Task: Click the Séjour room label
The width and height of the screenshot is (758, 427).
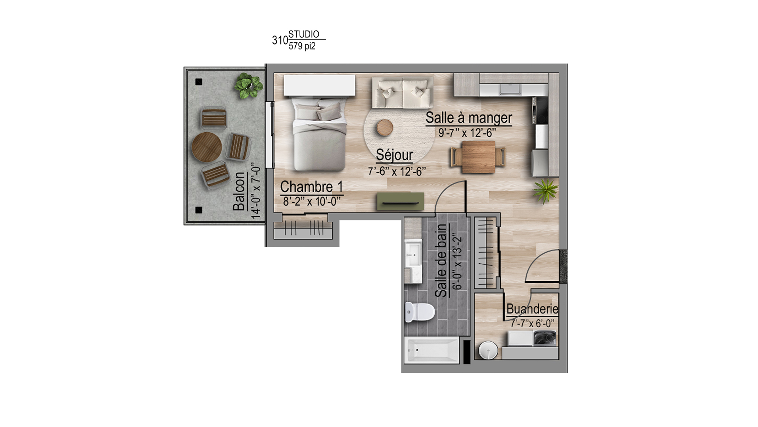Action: click(x=394, y=155)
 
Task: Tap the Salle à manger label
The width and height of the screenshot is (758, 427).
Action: click(x=469, y=118)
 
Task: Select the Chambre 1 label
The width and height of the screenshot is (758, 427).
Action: click(x=311, y=187)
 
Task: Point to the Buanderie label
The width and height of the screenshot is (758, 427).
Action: click(x=532, y=309)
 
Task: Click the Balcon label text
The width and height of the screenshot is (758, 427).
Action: click(x=240, y=191)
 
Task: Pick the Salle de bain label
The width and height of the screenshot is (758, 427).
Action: click(x=441, y=261)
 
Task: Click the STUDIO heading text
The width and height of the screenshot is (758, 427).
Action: click(x=304, y=34)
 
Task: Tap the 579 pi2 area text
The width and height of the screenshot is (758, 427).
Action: click(x=302, y=46)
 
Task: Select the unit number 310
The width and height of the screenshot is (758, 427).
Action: click(x=280, y=41)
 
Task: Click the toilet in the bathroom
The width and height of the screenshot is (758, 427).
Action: click(x=420, y=312)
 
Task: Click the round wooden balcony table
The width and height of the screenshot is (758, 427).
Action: click(x=207, y=147)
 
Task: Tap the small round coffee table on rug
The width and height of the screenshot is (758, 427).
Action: click(x=385, y=127)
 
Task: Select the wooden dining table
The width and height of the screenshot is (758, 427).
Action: click(x=478, y=157)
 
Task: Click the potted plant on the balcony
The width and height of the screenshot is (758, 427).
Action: click(x=249, y=85)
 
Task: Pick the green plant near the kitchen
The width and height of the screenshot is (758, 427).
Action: click(x=546, y=191)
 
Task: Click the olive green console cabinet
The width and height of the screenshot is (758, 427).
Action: click(x=400, y=202)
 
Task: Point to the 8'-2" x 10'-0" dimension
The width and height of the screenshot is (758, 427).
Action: click(x=312, y=202)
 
